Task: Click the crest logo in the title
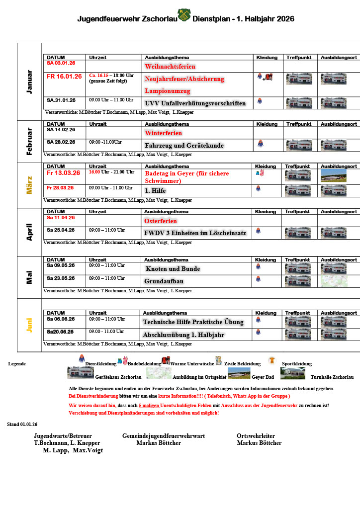(x=184, y=15)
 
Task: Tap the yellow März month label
(x=29, y=184)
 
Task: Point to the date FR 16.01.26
(x=64, y=77)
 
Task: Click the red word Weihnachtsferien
(x=170, y=66)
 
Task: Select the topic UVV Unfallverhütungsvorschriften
(x=195, y=103)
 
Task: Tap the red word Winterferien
(x=163, y=133)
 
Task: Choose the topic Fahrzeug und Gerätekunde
(x=184, y=146)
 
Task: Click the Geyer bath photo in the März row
(x=333, y=175)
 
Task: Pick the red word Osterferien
(x=161, y=221)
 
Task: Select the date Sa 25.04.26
(x=61, y=230)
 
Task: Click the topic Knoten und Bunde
(x=173, y=269)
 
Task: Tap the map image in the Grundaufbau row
(x=333, y=281)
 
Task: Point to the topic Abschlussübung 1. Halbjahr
(x=183, y=335)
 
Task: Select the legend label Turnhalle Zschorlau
(x=332, y=377)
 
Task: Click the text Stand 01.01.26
(x=22, y=424)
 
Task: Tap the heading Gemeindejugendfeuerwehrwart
(x=164, y=436)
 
